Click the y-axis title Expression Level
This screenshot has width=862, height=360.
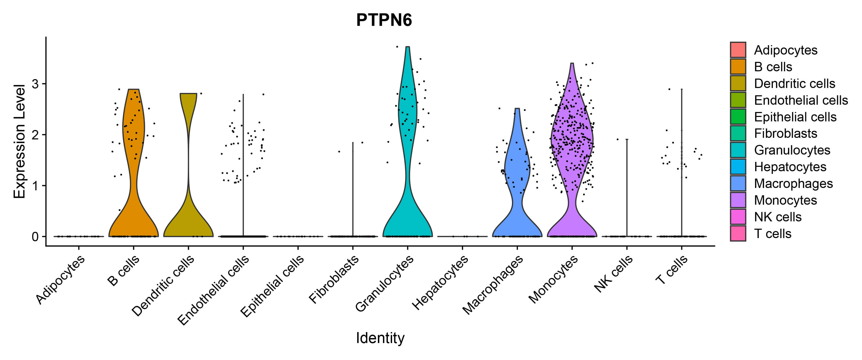tap(19, 141)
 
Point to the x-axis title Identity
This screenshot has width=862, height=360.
tap(380, 338)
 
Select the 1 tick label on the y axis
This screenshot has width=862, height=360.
tap(35, 186)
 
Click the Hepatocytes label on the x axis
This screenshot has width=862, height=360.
tap(440, 283)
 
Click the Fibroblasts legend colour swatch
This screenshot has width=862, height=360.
tap(738, 133)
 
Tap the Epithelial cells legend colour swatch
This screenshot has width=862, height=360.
tap(738, 117)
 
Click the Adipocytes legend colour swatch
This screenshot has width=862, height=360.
tap(738, 50)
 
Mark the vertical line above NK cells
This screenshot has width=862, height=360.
tap(627, 187)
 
